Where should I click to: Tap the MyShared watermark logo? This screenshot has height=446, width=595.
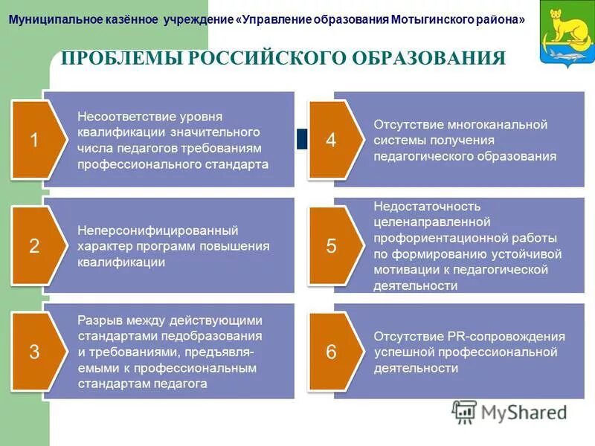pyautogui.click(x=510, y=412)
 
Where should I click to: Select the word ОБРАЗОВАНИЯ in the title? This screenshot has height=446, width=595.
pyautogui.click(x=433, y=59)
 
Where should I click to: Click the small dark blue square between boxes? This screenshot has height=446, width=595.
pyautogui.click(x=302, y=138)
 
